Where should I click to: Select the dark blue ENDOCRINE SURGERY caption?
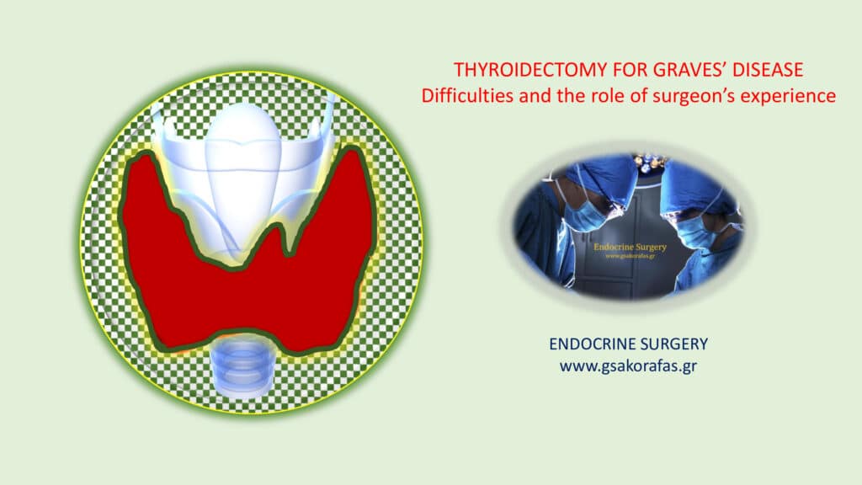[x=628, y=344]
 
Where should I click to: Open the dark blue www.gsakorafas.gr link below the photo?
[x=628, y=366]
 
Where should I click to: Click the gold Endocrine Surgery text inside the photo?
[x=629, y=248]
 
